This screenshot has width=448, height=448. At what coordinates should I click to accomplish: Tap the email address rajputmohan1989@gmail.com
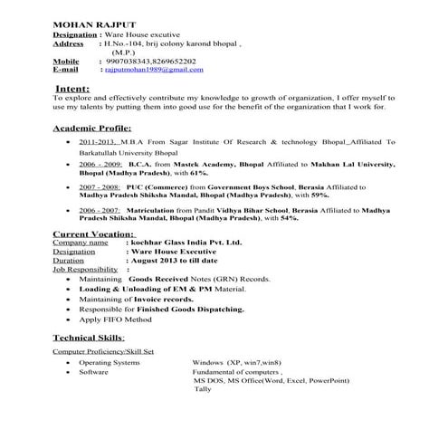pyautogui.click(x=151, y=69)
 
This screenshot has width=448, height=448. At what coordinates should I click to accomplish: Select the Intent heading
pyautogui.click(x=71, y=91)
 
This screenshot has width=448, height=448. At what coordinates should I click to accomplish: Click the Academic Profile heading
pyautogui.click(x=92, y=129)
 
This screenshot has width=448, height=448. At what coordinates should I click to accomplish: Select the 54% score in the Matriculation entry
pyautogui.click(x=288, y=218)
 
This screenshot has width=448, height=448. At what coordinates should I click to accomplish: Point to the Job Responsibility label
pyautogui.click(x=85, y=270)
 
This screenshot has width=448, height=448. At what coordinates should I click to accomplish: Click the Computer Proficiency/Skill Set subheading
pyautogui.click(x=102, y=350)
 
